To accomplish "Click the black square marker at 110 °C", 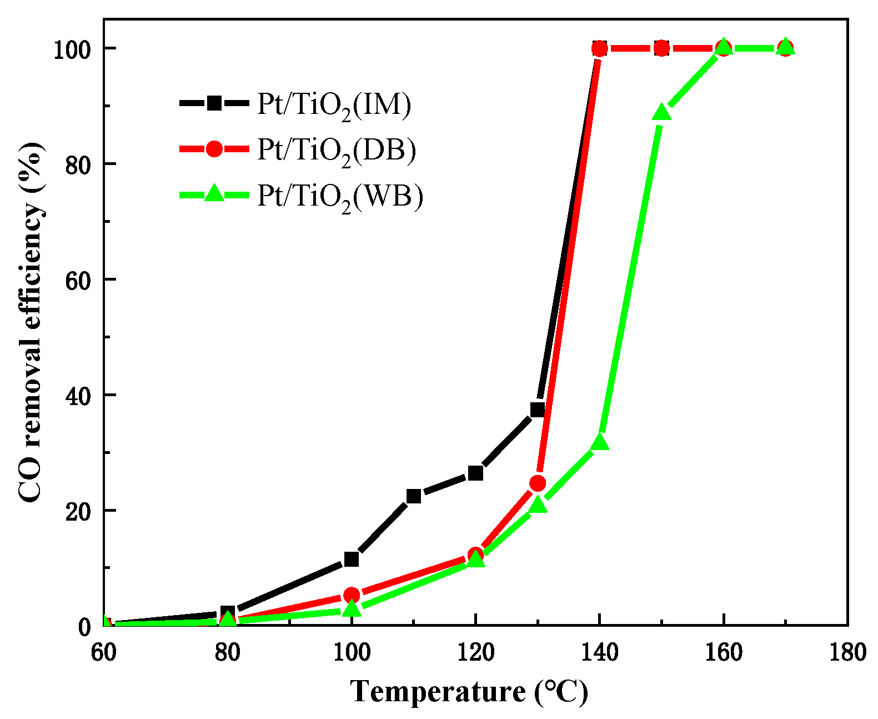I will click(413, 496).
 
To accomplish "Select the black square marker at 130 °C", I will click(538, 410).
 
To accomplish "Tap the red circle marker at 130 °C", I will click(538, 483).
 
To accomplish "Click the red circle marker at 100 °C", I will click(352, 595).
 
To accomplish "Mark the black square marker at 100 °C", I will click(352, 559).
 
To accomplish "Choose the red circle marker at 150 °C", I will click(661, 48).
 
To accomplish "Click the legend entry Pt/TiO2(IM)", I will click(334, 104).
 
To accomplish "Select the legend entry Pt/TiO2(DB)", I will click(336, 150).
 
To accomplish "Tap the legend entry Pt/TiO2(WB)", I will click(340, 196).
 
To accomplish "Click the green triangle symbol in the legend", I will click(214, 194).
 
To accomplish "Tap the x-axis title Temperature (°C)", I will click(469, 692).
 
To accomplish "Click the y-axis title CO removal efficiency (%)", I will click(32, 322).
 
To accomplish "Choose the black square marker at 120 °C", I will click(475, 473).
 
